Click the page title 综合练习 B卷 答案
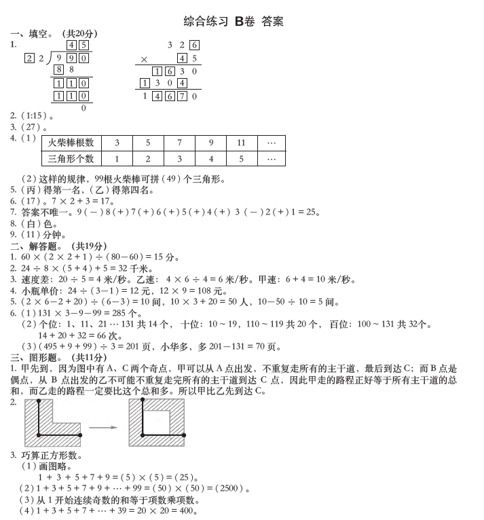[234, 21]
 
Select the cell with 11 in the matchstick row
[241, 143]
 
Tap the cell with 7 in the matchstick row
[179, 143]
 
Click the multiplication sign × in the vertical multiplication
[143, 59]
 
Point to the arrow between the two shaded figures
[104, 428]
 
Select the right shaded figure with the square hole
[156, 423]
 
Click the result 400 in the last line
[187, 510]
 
